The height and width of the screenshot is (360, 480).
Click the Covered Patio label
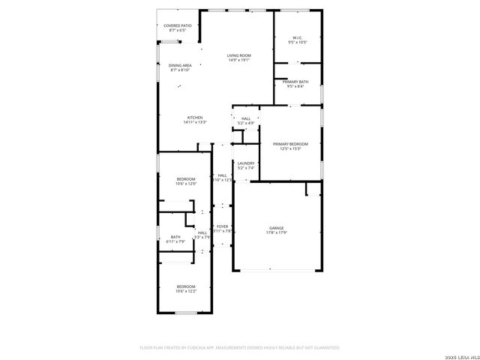178,25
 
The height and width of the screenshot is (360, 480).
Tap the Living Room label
239,55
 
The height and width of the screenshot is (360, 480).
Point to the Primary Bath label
295,81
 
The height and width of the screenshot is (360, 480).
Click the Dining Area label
179,65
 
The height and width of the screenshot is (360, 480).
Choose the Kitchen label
195,117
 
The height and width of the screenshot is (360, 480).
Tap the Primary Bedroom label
290,143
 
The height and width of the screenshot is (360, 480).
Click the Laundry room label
246,163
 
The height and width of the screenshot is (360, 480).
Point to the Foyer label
222,226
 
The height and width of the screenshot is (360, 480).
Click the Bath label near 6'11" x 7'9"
175,236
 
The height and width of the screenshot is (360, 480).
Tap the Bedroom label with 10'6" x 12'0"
186,178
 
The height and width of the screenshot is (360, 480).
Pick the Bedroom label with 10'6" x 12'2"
185,286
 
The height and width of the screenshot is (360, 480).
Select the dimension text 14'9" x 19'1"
239,60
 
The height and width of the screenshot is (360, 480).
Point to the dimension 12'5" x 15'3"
290,148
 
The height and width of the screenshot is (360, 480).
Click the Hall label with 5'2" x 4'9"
245,118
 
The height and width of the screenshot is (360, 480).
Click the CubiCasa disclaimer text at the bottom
240,347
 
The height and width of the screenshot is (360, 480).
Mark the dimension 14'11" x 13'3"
195,122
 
